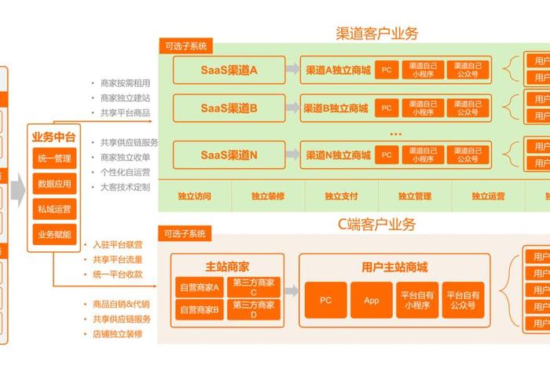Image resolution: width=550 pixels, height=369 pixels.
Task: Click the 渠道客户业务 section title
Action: click(376, 34)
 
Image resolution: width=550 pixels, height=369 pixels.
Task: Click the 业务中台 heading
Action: click(53, 137)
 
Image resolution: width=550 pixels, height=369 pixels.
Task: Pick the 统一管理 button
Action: click(53, 159)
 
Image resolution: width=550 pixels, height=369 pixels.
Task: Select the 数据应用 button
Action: click(53, 184)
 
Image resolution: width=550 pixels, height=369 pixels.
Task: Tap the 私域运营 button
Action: click(53, 210)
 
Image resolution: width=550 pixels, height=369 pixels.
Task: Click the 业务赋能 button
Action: click(53, 234)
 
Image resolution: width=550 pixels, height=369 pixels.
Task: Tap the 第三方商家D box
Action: click(253, 309)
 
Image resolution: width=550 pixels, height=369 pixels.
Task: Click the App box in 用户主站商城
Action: click(372, 301)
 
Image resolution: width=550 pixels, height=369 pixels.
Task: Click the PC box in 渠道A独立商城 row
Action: click(386, 70)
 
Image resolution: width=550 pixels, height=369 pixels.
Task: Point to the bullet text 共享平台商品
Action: click(125, 113)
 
